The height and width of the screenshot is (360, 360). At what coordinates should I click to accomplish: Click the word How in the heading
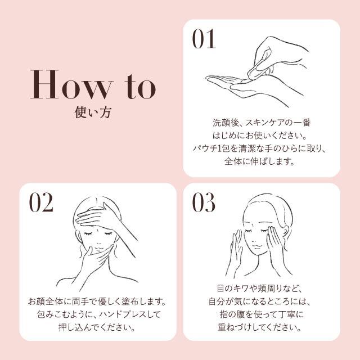point(71,84)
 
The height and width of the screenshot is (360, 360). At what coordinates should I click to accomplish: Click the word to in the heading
point(141,86)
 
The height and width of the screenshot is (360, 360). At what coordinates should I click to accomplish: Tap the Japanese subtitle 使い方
point(93,112)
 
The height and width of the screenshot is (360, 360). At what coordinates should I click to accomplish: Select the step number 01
point(204,39)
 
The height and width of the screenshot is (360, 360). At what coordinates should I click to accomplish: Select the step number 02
point(41,202)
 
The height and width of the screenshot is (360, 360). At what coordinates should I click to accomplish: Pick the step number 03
point(204,202)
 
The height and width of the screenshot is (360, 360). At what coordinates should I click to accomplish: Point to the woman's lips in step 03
point(256,246)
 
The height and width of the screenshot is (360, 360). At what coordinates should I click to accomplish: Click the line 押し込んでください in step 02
point(97,327)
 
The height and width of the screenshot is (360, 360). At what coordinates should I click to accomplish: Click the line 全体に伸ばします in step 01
point(259,161)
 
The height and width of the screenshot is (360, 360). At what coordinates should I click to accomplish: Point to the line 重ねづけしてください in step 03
point(259,327)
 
